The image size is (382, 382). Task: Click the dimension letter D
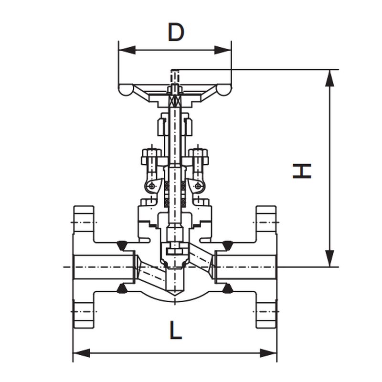coord(176,32)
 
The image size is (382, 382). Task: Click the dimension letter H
coord(302,171)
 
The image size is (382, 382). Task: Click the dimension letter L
coord(176,330)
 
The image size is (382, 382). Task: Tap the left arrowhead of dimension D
coord(127,50)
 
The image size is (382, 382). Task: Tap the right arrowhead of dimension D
coord(223,50)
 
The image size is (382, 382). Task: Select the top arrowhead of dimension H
coord(329,78)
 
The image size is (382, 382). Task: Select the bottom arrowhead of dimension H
coord(329,258)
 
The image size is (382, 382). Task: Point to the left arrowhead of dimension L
coord(82,353)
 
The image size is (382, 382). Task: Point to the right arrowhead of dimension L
coord(268,353)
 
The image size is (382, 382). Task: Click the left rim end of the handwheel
coord(126,90)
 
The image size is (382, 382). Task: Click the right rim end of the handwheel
coord(223,90)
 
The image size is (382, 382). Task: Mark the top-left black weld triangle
coord(122,245)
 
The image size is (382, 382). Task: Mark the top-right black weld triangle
coord(227,245)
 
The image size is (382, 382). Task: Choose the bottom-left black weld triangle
coord(122,288)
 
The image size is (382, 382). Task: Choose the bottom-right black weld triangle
coord(227,288)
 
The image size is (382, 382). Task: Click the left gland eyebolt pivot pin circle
coord(152,186)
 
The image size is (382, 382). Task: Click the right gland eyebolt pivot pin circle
coord(198,186)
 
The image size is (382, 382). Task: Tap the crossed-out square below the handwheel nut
coord(175,100)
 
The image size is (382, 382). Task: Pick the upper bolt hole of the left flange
coord(84,222)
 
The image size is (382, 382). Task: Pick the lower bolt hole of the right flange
coord(266,311)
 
